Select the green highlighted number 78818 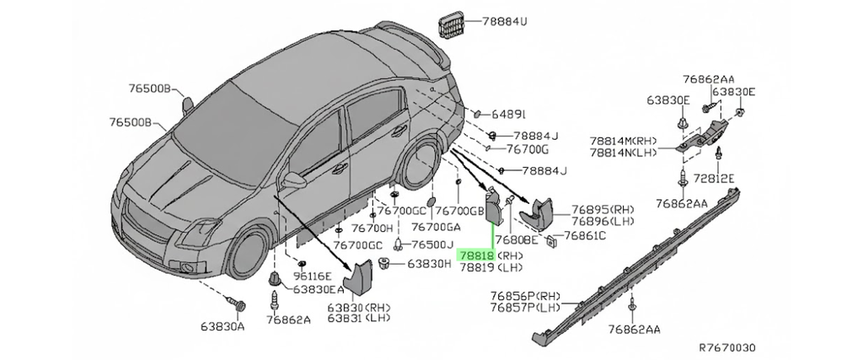(474, 254)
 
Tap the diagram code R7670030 (727, 347)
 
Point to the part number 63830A (222, 325)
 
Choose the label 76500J (431, 244)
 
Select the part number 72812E (713, 178)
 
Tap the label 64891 (508, 114)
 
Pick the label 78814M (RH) (624, 141)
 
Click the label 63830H (429, 264)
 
